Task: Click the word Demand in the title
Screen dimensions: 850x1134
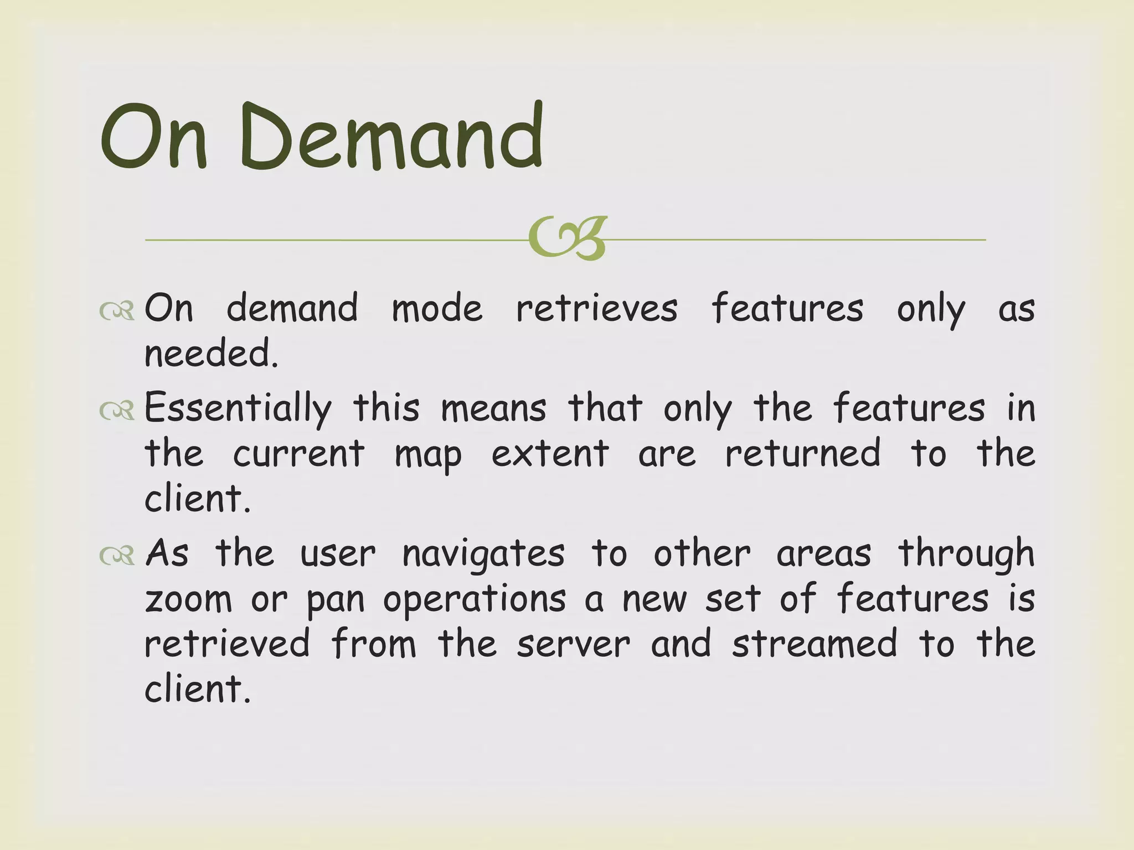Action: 391,137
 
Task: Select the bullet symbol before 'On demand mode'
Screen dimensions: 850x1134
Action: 117,311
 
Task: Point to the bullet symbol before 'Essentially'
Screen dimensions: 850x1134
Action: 117,411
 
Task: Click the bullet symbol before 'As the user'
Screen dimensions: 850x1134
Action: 117,555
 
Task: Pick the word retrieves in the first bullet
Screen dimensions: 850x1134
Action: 596,308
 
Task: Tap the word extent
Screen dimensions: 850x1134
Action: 550,454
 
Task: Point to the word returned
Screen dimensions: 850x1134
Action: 802,453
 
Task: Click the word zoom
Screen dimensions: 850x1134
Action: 188,600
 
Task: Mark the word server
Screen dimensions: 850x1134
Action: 573,645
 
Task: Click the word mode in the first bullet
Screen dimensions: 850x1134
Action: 437,308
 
